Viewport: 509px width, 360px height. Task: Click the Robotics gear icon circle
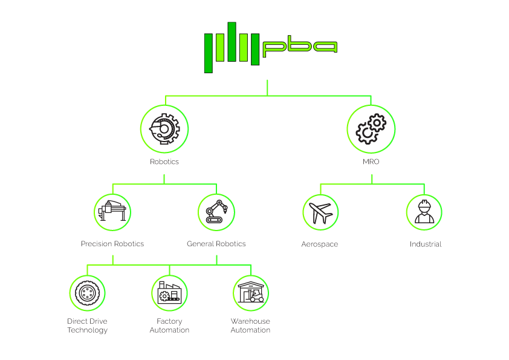(164, 129)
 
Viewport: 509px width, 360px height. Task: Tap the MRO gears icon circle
(371, 129)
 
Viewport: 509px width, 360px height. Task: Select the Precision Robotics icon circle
(113, 212)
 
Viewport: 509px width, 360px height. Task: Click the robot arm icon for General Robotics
(216, 212)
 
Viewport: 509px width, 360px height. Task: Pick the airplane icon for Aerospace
(320, 212)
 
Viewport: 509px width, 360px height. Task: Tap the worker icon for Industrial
(424, 212)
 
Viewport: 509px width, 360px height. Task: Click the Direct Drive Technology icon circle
(87, 292)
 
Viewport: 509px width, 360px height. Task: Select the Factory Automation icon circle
(169, 292)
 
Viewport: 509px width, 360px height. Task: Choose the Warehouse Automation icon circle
(250, 292)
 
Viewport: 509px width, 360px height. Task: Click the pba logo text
(300, 47)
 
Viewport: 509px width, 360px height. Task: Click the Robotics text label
(164, 162)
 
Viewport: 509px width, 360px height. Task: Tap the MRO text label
(371, 162)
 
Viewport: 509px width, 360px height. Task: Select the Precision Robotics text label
(112, 244)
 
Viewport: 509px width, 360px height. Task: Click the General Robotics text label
(216, 244)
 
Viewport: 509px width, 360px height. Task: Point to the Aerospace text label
(320, 244)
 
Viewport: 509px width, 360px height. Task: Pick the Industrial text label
(425, 244)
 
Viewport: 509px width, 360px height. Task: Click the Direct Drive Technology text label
(88, 326)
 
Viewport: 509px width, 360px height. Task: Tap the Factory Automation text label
(169, 326)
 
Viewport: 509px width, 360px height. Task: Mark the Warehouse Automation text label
(250, 326)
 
